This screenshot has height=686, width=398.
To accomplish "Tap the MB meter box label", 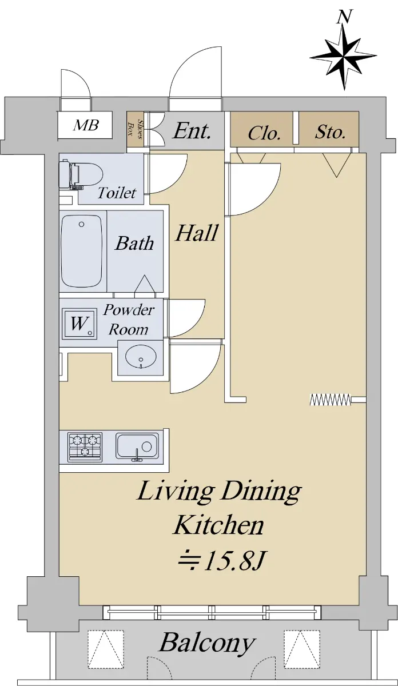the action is [86, 125].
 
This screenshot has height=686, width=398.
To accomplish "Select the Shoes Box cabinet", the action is [135, 130].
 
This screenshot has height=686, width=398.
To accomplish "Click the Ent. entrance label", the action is [192, 131].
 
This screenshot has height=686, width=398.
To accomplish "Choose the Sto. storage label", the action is [331, 132].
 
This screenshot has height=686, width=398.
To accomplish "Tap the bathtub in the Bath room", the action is [82, 251].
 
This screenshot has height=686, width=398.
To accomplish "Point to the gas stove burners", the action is [85, 446].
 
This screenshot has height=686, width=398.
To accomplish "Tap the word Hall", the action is [197, 233].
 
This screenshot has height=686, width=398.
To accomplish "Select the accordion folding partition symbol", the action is [331, 400].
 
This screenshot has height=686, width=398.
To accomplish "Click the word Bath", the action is [134, 244].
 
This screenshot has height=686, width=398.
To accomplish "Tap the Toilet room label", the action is [117, 193].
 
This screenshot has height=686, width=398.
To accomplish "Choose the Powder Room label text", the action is [129, 320].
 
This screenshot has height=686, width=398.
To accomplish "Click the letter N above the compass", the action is [344, 17].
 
